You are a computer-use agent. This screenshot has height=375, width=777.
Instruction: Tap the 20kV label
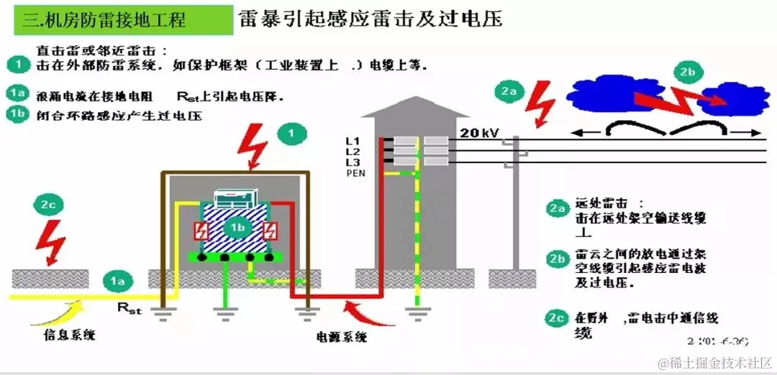(480, 134)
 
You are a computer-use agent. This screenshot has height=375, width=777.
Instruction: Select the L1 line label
(353, 141)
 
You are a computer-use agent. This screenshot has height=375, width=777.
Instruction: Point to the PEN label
(356, 173)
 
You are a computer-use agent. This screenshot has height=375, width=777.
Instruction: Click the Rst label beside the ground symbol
(129, 310)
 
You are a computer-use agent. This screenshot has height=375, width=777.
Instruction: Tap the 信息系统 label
(71, 335)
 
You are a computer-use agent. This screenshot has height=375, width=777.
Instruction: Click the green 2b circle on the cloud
(687, 72)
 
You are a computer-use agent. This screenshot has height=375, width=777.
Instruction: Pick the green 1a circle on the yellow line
(118, 282)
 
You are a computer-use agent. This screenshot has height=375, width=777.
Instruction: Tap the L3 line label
(353, 162)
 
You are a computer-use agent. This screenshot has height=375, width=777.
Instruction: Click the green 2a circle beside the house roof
(509, 91)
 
